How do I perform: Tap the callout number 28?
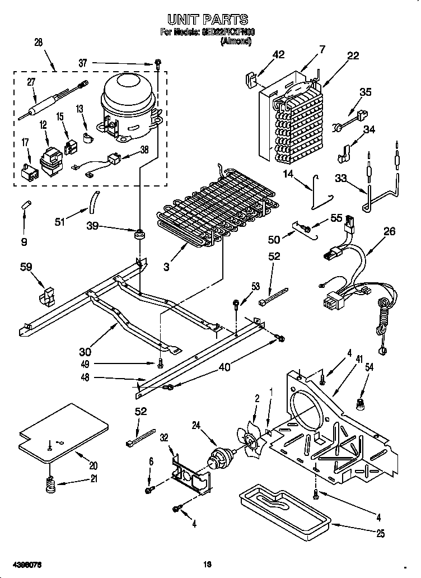point(38,43)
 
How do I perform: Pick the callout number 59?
point(26,268)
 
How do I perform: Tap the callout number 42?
point(278,54)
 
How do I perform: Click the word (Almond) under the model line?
point(236,41)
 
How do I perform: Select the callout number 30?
point(85,352)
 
